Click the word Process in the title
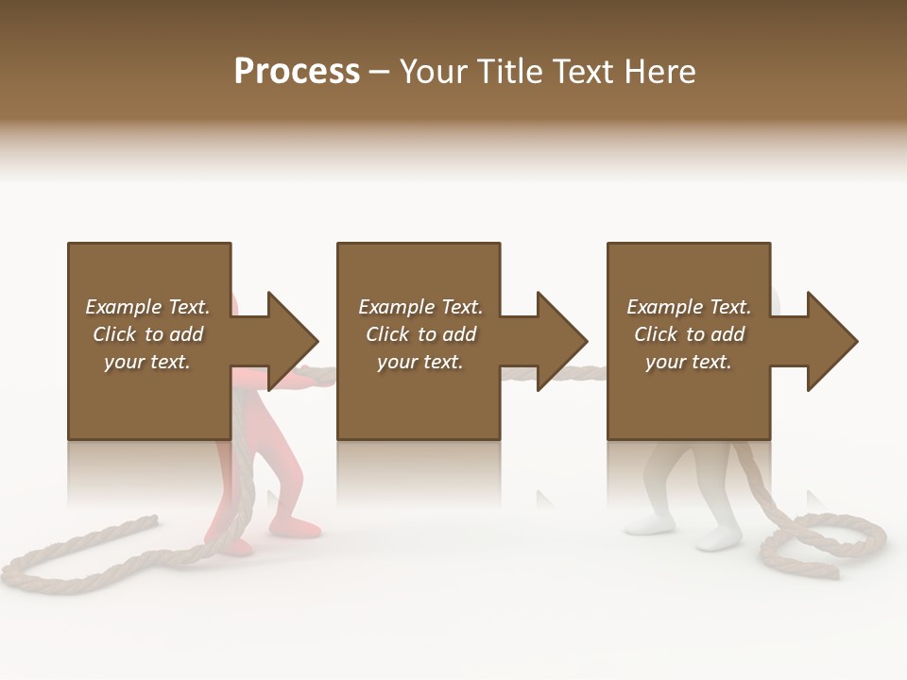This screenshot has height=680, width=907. (x=297, y=72)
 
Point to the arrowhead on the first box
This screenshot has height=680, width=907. (x=293, y=341)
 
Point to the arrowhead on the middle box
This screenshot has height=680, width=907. (x=562, y=341)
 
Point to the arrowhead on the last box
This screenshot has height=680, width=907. (x=832, y=341)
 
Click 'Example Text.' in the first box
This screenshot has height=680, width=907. (x=148, y=307)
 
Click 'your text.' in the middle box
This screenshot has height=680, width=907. (x=419, y=362)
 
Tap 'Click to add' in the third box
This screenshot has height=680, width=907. (x=689, y=334)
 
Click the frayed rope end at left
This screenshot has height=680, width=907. (x=151, y=518)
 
